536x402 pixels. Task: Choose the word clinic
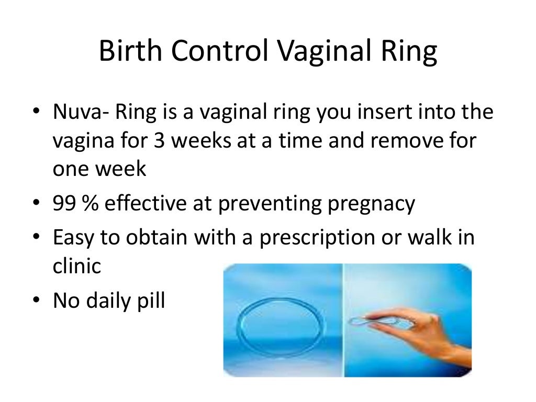click(76, 267)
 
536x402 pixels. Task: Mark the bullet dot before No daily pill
click(37, 301)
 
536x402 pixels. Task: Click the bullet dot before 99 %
click(37, 204)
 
